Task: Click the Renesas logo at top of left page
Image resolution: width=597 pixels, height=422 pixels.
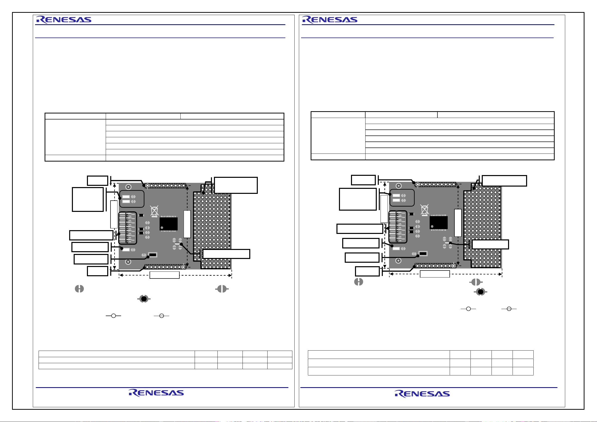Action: pyautogui.click(x=64, y=20)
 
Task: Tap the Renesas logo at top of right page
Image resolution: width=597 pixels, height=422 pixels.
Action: pyautogui.click(x=330, y=20)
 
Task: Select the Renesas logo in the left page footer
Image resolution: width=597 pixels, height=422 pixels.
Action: pyautogui.click(x=156, y=393)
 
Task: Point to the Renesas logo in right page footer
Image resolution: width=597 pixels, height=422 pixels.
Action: pyautogui.click(x=422, y=394)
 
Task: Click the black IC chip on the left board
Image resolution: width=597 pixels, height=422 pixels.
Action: pyautogui.click(x=169, y=224)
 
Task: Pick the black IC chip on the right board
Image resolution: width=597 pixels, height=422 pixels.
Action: pyautogui.click(x=439, y=222)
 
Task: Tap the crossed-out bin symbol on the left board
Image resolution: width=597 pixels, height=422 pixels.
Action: pyautogui.click(x=155, y=211)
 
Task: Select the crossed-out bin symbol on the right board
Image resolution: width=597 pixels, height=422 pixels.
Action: pyautogui.click(x=425, y=210)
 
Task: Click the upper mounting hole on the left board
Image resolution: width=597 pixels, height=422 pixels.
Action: pyautogui.click(x=129, y=187)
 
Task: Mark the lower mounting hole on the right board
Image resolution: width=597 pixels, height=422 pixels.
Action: pyautogui.click(x=398, y=260)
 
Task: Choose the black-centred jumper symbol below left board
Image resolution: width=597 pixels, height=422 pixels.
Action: pyautogui.click(x=144, y=299)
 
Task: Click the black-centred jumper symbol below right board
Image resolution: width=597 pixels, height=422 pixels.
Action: pyautogui.click(x=481, y=292)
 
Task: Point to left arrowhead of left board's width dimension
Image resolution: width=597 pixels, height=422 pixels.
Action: pyautogui.click(x=121, y=275)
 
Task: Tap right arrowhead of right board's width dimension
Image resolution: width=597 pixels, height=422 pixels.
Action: pyautogui.click(x=500, y=274)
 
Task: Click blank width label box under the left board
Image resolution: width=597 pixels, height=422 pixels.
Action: pyautogui.click(x=165, y=275)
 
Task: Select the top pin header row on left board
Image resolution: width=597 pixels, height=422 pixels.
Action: pyautogui.click(x=165, y=186)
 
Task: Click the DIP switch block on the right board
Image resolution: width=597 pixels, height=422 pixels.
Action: pyautogui.click(x=398, y=227)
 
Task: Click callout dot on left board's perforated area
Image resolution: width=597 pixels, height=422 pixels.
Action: pyautogui.click(x=203, y=193)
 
